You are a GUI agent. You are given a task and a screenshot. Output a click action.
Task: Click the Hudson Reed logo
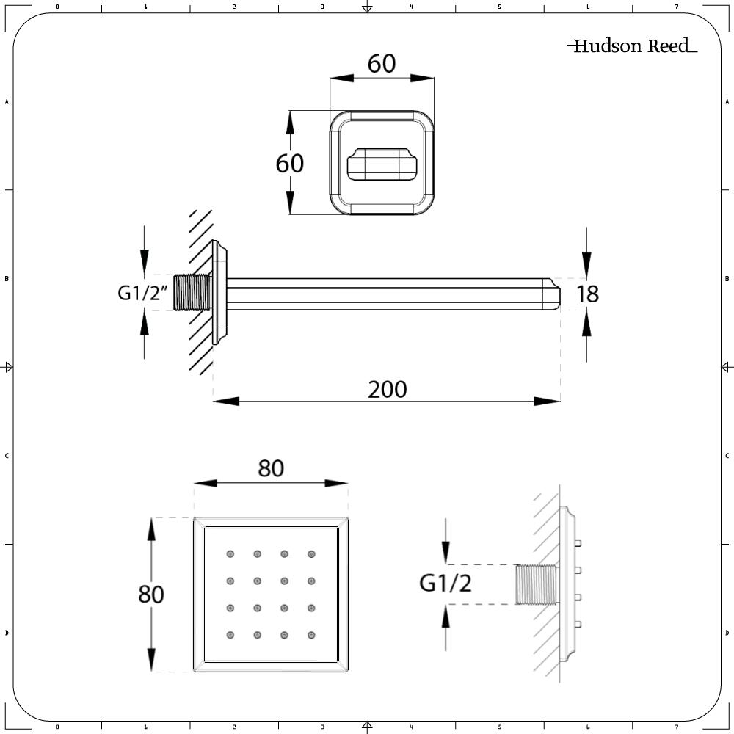632,46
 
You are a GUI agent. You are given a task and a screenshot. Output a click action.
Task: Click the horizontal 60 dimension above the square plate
382,64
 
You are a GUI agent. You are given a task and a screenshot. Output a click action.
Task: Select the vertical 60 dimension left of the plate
289,163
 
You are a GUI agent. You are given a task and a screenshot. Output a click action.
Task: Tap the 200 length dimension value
387,389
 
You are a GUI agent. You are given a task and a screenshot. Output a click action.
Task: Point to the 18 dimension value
587,294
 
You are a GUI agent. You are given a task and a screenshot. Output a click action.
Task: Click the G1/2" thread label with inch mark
143,293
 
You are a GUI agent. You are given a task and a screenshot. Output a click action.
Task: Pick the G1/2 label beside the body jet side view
445,584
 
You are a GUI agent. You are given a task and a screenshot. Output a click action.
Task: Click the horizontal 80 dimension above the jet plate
270,468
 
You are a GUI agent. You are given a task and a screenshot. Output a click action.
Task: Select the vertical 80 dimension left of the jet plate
150,593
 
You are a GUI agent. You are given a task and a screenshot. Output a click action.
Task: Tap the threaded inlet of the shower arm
195,294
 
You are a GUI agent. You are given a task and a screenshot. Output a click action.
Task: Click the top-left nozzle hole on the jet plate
230,554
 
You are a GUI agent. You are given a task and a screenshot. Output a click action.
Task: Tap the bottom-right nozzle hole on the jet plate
311,635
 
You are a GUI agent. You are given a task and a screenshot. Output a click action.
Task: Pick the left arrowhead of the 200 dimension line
226,401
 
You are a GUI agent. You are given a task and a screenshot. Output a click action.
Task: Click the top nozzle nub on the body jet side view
578,543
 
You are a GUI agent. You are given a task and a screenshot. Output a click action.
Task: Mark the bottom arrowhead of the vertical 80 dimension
152,660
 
